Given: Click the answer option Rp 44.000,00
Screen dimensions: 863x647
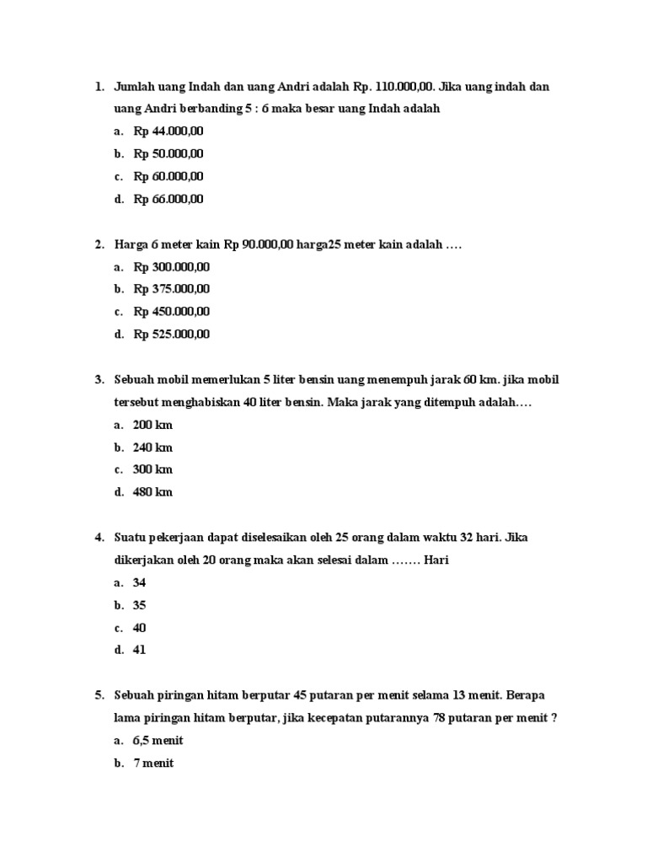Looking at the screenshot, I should click(x=168, y=131).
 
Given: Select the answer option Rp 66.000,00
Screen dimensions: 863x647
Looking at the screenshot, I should click(x=168, y=200).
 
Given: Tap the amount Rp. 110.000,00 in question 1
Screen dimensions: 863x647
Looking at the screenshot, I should click(x=395, y=87).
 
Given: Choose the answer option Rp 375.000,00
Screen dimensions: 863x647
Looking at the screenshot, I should click(x=172, y=289).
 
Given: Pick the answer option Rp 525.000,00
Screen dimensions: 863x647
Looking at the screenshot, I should click(x=172, y=335).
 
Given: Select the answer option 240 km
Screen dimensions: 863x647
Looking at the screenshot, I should click(x=152, y=448).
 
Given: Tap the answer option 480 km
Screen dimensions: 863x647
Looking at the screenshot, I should click(x=152, y=492).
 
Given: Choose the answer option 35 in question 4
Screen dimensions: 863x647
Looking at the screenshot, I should click(x=140, y=605).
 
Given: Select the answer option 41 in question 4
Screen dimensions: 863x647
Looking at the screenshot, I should click(x=140, y=650).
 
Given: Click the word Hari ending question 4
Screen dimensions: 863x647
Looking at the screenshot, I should click(x=436, y=560).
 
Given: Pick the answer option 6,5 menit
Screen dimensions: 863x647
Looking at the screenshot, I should click(x=158, y=741).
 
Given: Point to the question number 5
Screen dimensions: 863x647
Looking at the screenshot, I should click(x=99, y=695).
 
